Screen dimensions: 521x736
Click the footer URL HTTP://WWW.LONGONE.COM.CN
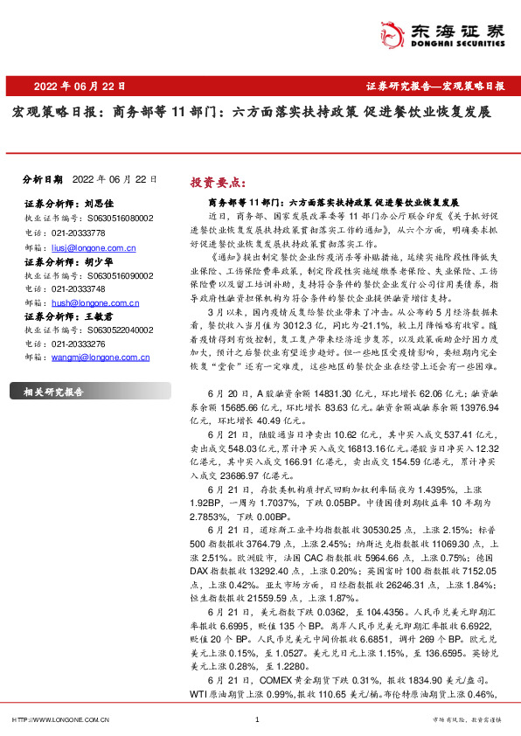(59, 719)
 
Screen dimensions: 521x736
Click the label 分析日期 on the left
(41, 178)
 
